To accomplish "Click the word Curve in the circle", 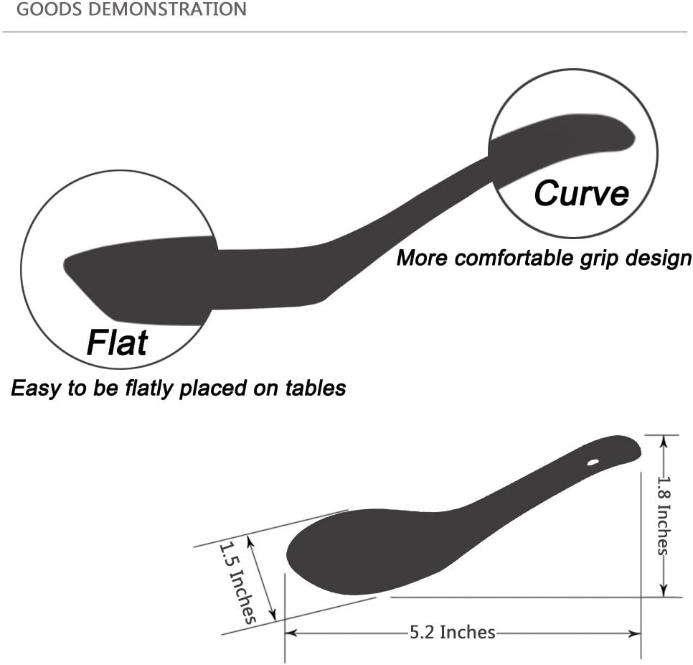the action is click(x=581, y=193).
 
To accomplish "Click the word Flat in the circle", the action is click(x=117, y=342).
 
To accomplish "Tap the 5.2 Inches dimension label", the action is click(x=453, y=632).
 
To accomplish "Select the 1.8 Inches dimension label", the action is click(x=664, y=515).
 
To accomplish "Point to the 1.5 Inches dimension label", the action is click(x=237, y=582).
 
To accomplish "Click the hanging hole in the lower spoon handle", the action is click(x=593, y=462).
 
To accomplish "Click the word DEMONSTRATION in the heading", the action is click(x=167, y=9).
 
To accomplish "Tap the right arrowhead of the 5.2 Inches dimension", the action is click(x=636, y=633).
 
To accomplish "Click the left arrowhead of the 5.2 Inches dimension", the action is click(x=291, y=633).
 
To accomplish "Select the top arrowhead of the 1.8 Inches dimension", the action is click(x=663, y=441).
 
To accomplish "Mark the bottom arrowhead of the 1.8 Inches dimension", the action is click(x=663, y=591).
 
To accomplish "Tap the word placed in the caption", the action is click(x=212, y=389).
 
